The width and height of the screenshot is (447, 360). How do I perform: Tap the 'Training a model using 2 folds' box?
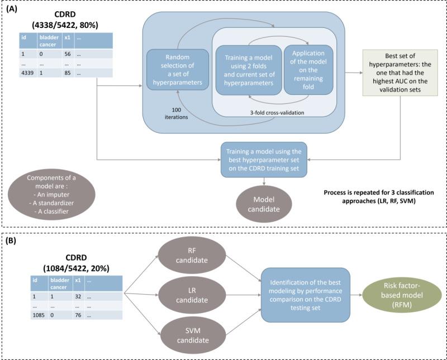[x=248, y=71]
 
